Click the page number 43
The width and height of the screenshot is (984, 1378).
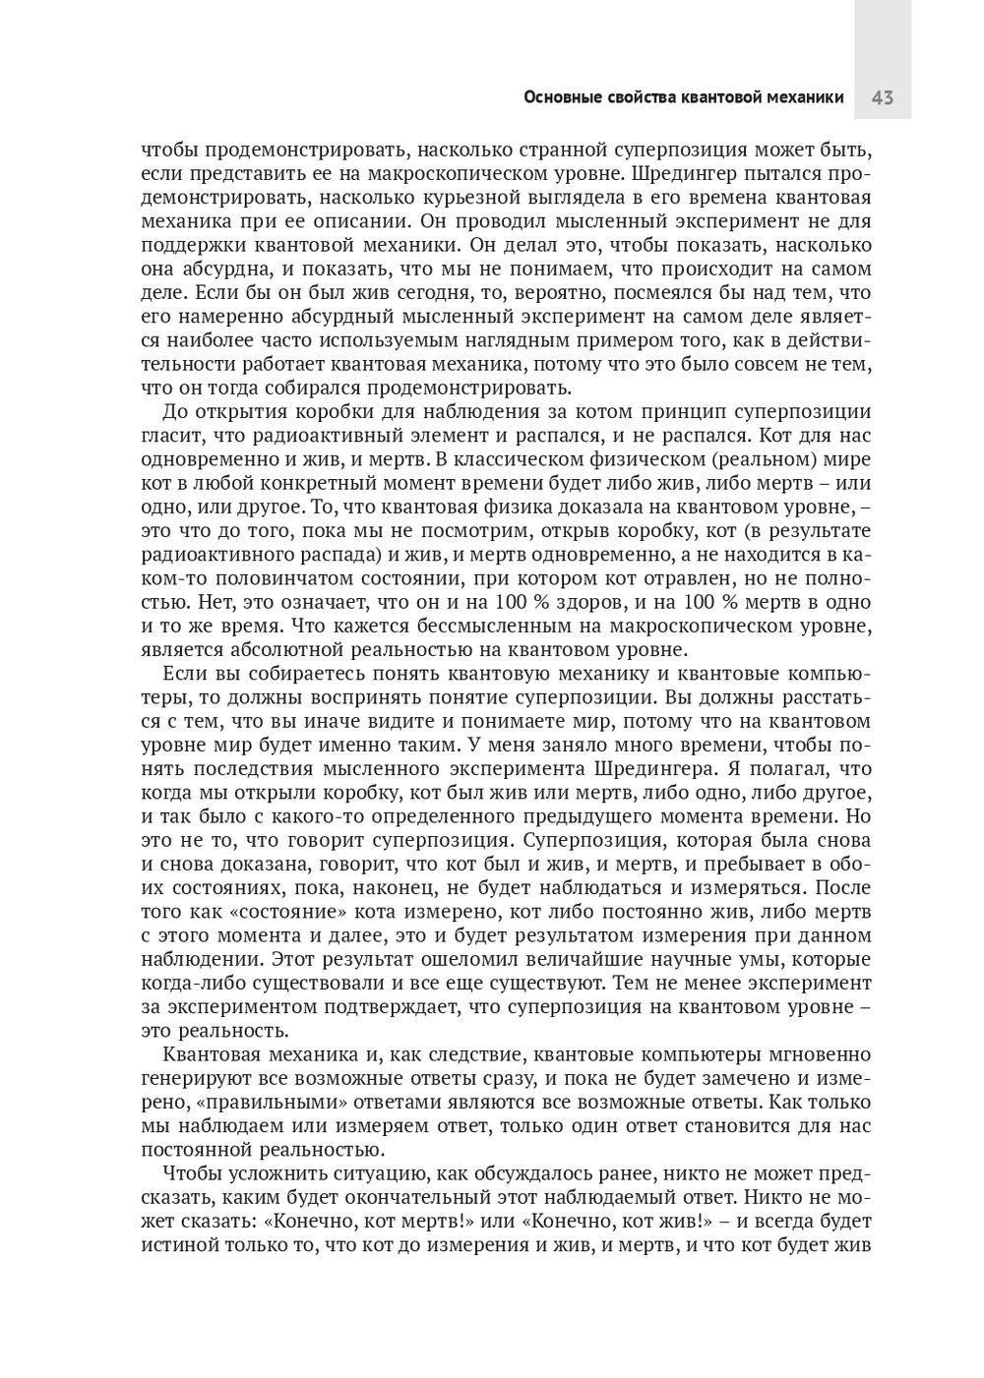[x=882, y=97]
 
